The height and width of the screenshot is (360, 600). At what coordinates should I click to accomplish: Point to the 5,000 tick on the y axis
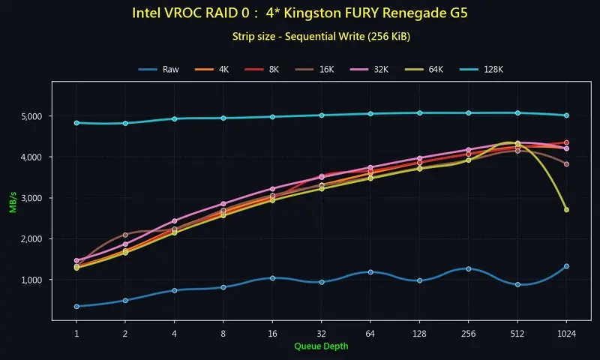36,117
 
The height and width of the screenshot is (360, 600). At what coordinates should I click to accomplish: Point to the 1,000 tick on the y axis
36,280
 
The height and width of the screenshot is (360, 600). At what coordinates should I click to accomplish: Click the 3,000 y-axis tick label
36,198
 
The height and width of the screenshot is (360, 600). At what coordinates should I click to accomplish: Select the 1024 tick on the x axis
566,332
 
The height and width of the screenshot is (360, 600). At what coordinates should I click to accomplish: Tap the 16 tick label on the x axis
272,332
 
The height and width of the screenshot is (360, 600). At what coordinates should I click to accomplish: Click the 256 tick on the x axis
468,332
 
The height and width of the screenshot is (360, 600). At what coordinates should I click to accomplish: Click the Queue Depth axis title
321,346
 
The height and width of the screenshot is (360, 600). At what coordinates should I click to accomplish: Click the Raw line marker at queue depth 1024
566,266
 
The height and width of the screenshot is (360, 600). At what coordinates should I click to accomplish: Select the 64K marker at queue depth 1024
566,210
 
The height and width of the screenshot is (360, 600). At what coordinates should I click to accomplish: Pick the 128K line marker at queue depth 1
76,123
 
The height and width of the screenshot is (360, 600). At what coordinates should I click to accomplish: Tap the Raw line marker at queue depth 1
76,306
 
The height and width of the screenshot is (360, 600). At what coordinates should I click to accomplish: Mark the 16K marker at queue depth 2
125,235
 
